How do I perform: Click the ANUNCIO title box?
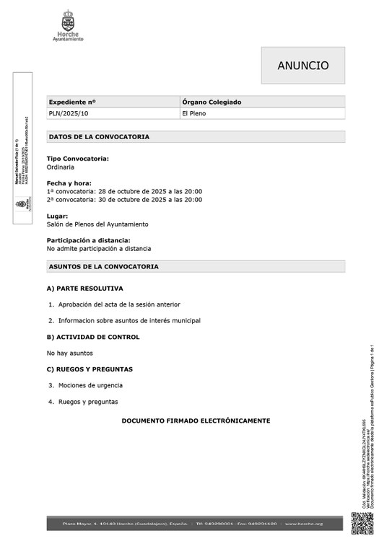pos(302,66)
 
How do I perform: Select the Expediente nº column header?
pos(72,102)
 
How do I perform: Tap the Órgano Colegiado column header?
pos(212,102)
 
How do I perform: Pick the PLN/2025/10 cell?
pos(69,114)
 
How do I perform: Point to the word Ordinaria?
pos(61,167)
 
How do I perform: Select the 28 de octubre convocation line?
pos(124,191)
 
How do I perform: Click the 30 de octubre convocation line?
pos(124,200)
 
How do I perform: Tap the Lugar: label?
pos(58,216)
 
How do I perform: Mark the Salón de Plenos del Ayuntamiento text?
pos(97,224)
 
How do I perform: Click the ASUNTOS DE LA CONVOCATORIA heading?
pos(103,267)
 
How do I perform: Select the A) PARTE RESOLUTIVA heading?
pos(84,289)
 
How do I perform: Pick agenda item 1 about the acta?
pos(119,304)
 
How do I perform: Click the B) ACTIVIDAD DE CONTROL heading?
pos(93,337)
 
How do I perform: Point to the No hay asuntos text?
pos(69,353)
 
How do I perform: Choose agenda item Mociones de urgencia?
pos(90,385)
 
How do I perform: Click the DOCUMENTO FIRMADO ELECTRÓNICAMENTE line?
pos(196,421)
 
